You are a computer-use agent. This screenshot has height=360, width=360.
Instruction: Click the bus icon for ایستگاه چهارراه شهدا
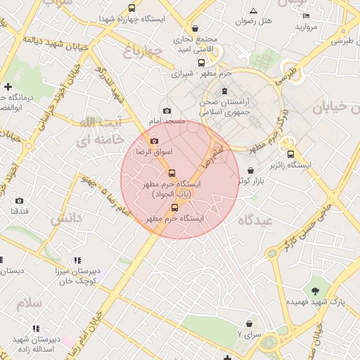click(131, 8)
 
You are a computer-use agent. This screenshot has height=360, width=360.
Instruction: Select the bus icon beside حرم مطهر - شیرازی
click(202, 63)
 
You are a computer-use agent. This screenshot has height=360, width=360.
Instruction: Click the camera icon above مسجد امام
click(167, 110)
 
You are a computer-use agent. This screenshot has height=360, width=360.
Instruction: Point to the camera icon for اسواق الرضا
click(154, 141)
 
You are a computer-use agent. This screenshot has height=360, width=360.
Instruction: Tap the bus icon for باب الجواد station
click(172, 173)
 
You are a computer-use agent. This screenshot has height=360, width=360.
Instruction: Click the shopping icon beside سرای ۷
click(249, 335)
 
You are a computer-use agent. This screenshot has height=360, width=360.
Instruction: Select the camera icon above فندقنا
click(19, 200)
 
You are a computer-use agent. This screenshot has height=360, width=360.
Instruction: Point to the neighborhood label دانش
click(66, 219)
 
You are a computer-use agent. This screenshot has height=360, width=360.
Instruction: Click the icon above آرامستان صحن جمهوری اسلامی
click(224, 91)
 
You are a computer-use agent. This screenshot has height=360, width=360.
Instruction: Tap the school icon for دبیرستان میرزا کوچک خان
click(77, 260)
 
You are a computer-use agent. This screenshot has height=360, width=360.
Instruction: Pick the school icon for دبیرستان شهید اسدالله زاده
click(36, 328)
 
